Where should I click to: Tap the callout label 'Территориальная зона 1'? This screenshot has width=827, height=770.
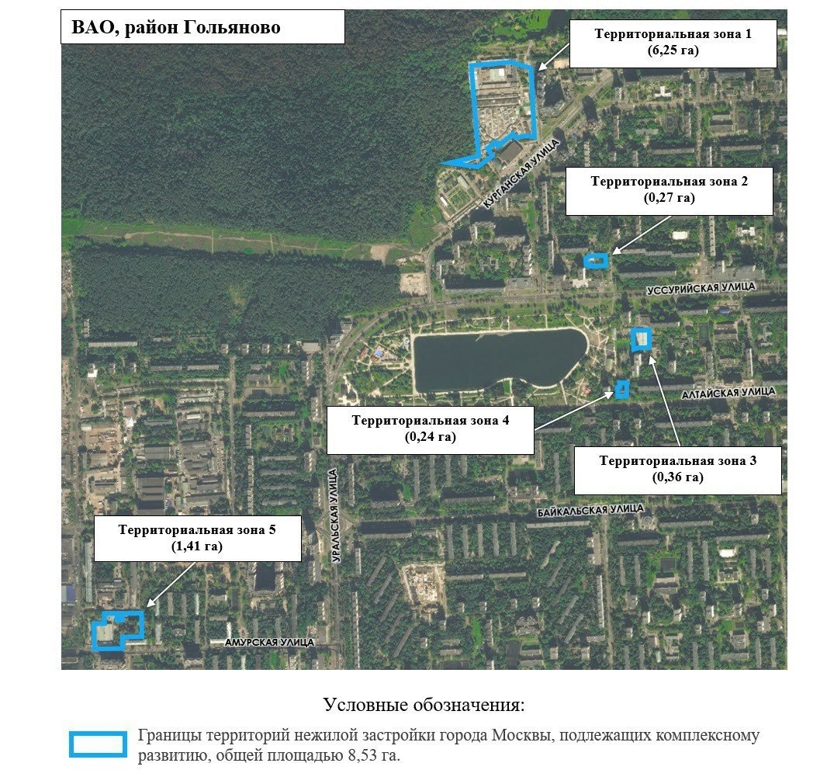point(673,43)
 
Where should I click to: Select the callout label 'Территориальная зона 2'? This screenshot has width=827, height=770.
point(669,190)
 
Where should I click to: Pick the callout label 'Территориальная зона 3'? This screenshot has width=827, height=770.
point(677,469)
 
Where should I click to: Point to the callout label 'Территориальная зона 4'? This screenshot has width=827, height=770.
point(430,429)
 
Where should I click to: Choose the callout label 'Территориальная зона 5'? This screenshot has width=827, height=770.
point(197,537)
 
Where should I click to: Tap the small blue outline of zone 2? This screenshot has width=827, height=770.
point(596,261)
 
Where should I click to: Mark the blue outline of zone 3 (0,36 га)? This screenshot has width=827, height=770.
point(642,339)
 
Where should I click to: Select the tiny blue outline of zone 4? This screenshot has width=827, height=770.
point(621,389)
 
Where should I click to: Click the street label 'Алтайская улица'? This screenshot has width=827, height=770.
point(728,394)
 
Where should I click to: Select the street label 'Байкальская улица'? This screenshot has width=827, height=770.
point(590,510)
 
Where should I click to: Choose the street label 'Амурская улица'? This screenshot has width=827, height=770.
point(269,642)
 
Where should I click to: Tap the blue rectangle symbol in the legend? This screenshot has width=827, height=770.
point(97,744)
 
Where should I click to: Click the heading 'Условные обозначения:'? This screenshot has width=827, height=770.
point(424,706)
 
